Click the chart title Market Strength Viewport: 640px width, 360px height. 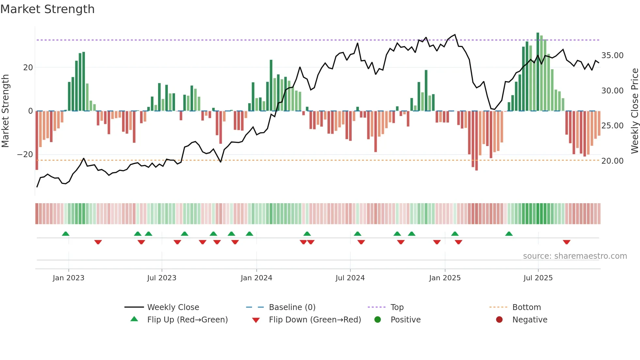pyautogui.click(x=47, y=9)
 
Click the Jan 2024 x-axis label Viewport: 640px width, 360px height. pyautogui.click(x=256, y=278)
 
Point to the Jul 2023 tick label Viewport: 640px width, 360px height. pyautogui.click(x=162, y=278)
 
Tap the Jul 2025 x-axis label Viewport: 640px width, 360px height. pyautogui.click(x=538, y=278)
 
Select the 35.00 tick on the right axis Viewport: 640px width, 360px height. pyautogui.click(x=612, y=56)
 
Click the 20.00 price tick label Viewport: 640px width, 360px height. pyautogui.click(x=612, y=161)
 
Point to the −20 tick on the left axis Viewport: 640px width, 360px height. pyautogui.click(x=25, y=155)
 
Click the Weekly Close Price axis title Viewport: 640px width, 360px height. pyautogui.click(x=634, y=111)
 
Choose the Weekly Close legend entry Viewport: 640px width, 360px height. pyautogui.click(x=173, y=307)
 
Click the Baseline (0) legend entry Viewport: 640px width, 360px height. pyautogui.click(x=292, y=307)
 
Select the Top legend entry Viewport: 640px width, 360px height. pyautogui.click(x=397, y=307)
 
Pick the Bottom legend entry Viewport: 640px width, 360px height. pyautogui.click(x=526, y=307)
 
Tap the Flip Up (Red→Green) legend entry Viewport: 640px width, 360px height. pyautogui.click(x=187, y=320)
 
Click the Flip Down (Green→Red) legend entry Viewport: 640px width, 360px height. pyautogui.click(x=315, y=320)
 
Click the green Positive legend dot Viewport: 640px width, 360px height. pyautogui.click(x=378, y=320)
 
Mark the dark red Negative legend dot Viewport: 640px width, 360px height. pyautogui.click(x=499, y=320)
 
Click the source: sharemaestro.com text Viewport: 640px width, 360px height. pyautogui.click(x=575, y=256)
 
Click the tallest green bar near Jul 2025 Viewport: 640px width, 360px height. pyautogui.click(x=538, y=72)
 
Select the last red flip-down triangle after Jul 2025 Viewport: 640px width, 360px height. pyautogui.click(x=567, y=242)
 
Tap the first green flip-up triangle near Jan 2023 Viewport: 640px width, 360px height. pyautogui.click(x=66, y=234)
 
